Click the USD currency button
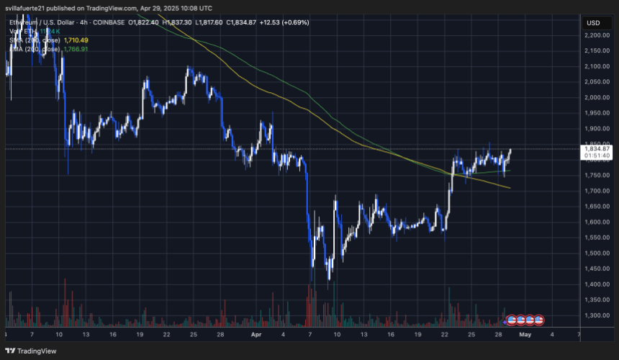[594, 22]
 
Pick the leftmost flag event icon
[511, 319]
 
